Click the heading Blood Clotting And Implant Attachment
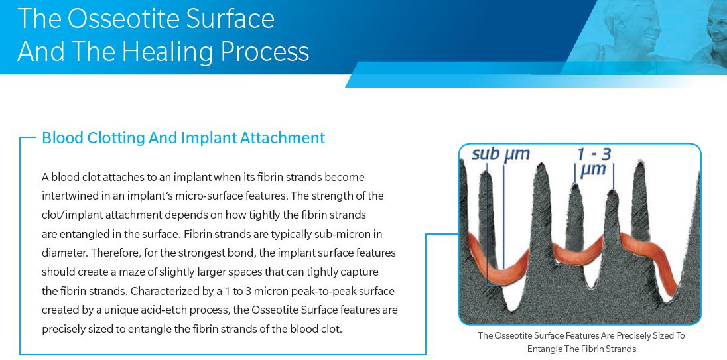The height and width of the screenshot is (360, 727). (x=184, y=138)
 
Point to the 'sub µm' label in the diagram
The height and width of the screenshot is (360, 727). (x=500, y=154)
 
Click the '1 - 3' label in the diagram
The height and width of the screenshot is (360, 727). (x=594, y=154)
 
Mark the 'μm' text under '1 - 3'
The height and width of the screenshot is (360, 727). (x=593, y=169)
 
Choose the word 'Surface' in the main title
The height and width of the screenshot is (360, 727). (x=236, y=18)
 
